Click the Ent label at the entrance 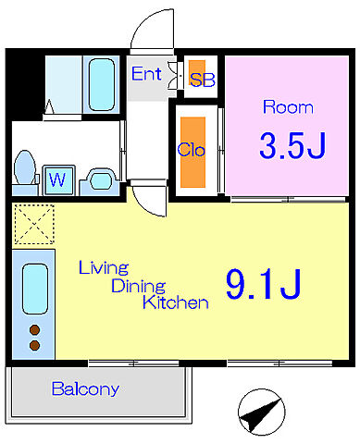(x=146, y=74)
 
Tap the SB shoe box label (x=203, y=80)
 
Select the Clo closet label (x=192, y=150)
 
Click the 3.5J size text (x=292, y=145)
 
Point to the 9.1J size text (x=263, y=284)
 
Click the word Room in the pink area (x=288, y=107)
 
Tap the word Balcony (x=85, y=388)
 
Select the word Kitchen (x=175, y=302)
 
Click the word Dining (x=138, y=287)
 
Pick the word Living (x=104, y=267)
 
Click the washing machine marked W (x=58, y=179)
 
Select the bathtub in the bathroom (x=102, y=84)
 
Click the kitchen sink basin (x=35, y=289)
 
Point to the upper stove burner (x=34, y=330)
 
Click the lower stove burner (x=34, y=345)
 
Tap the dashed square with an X (x=34, y=224)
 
